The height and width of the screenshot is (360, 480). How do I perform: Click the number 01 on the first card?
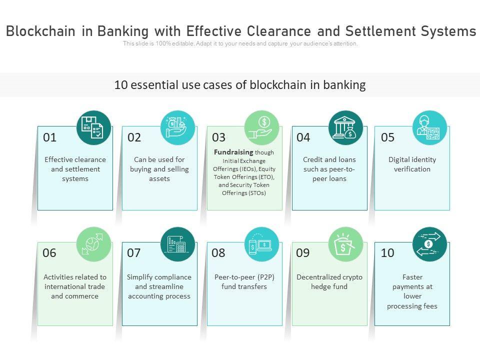50,137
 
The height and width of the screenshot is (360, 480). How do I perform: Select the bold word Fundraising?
233,152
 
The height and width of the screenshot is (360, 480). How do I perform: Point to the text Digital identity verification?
412,164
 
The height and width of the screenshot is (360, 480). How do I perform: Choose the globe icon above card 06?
93,243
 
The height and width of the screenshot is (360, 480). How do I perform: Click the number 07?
134,253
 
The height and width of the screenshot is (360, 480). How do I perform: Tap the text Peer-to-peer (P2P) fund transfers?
244,281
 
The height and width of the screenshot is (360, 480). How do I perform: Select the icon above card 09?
345,244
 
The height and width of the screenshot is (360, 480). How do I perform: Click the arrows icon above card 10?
429,243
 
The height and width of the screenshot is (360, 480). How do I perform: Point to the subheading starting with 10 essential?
240,85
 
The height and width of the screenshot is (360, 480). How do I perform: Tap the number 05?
387,137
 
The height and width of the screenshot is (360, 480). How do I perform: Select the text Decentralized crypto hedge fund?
329,281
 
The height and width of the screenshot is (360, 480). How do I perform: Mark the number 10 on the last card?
387,253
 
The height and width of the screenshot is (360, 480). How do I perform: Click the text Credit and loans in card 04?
329,159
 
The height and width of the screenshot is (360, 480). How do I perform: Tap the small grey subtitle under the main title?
240,43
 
